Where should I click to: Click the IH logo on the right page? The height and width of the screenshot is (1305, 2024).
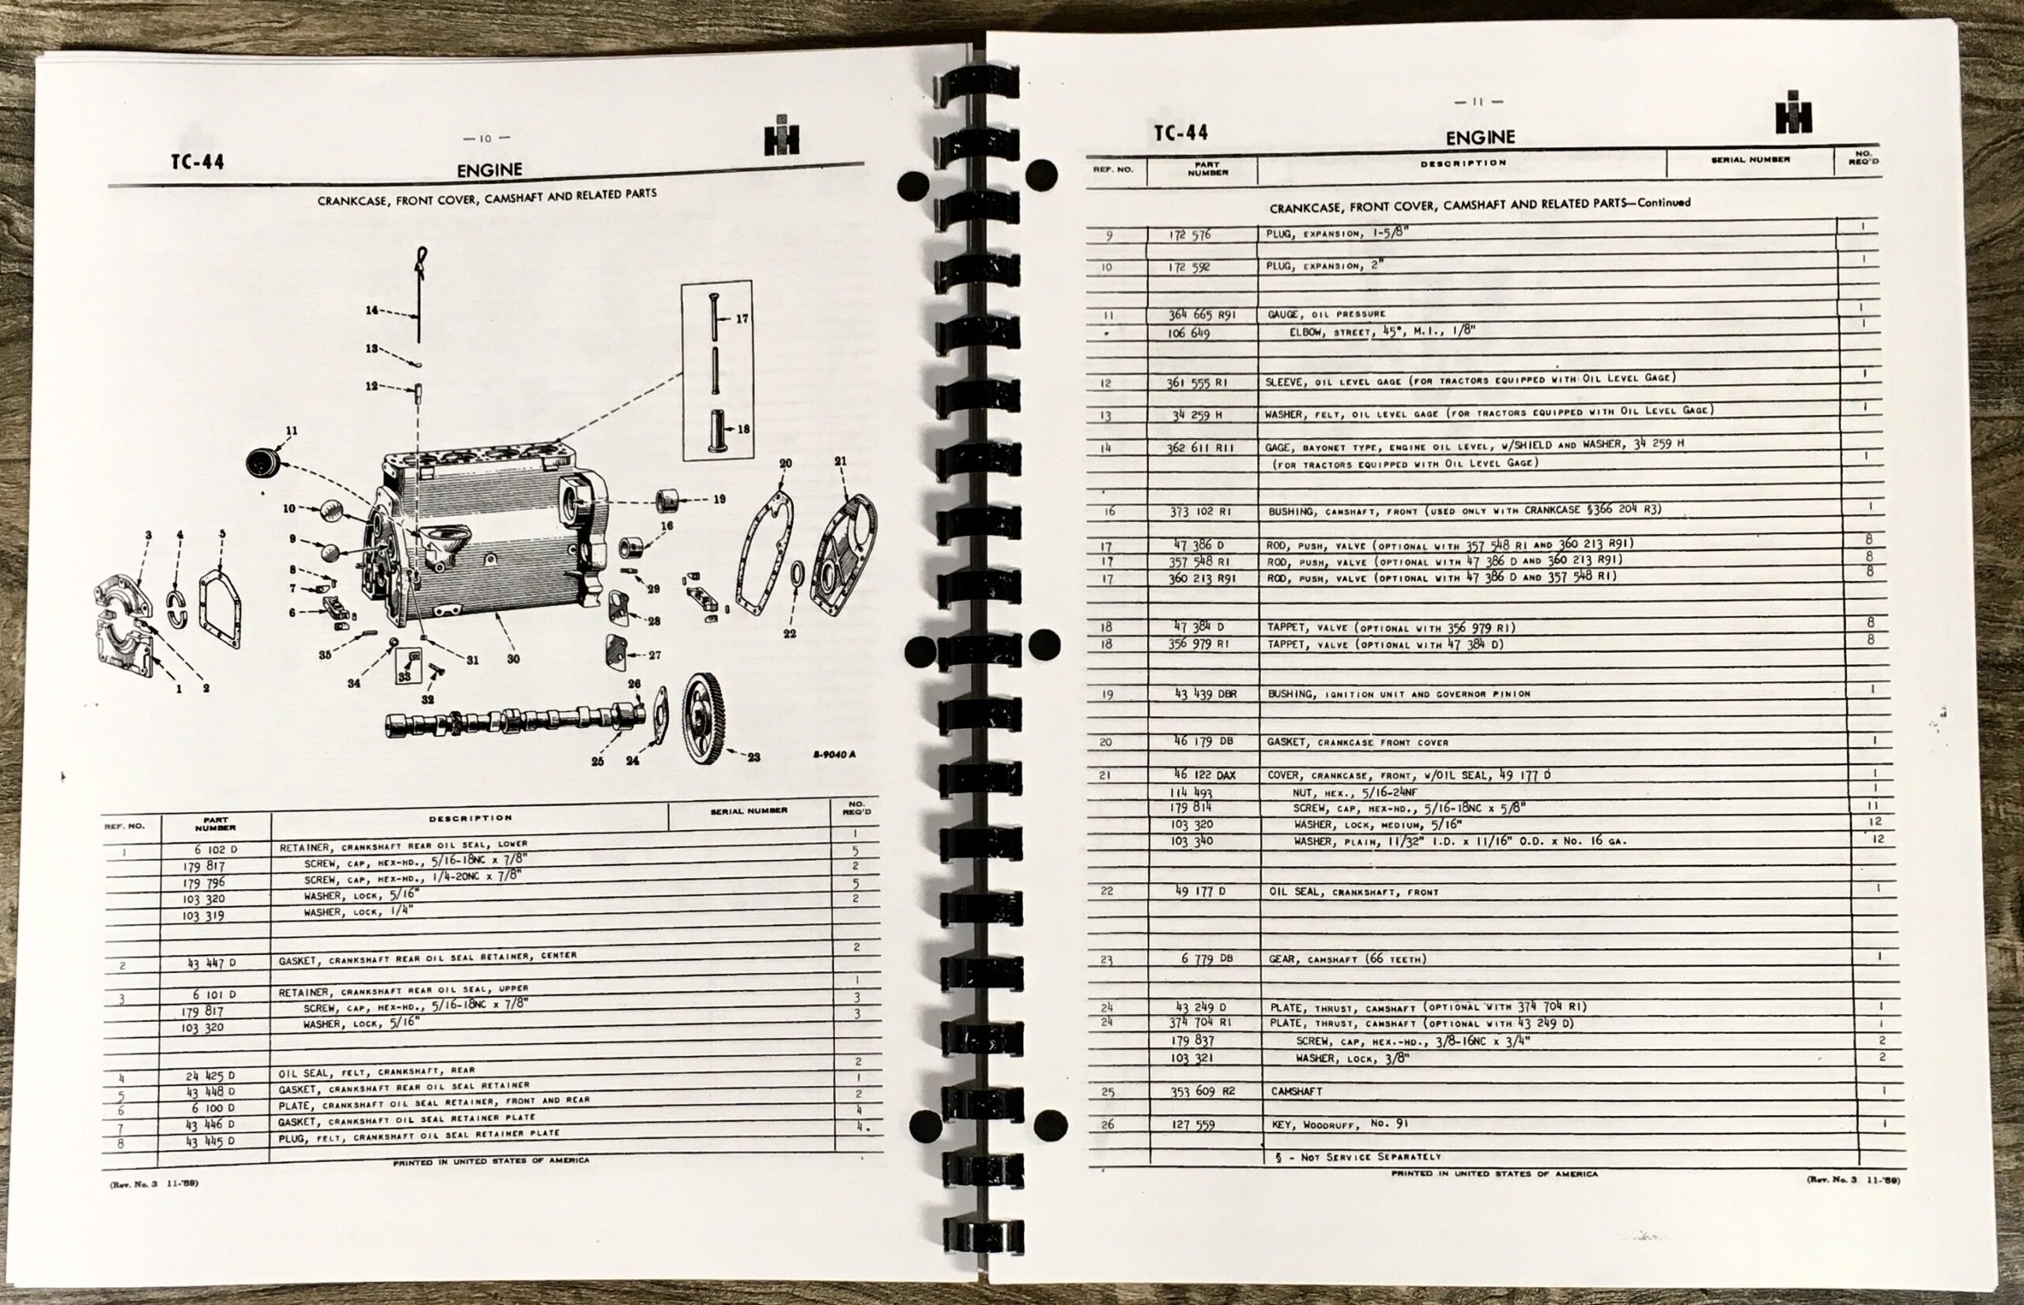(1793, 113)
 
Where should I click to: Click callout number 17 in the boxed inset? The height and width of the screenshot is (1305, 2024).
(742, 319)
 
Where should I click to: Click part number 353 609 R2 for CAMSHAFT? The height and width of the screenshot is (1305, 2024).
(1203, 1092)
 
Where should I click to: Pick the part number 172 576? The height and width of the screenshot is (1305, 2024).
(1190, 235)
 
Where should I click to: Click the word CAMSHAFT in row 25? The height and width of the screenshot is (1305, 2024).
(1296, 1092)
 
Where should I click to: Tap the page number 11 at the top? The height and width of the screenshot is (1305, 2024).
(1478, 102)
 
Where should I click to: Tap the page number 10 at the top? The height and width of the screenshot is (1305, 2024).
(485, 138)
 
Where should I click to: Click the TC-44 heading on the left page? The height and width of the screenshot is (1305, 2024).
(198, 162)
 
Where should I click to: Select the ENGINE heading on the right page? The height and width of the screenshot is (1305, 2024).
(1480, 138)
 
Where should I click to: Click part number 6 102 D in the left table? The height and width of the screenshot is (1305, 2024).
(214, 849)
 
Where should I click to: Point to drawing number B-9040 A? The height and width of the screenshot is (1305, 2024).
(834, 754)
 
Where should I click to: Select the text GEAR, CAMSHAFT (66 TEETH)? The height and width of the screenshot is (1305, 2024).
(1346, 959)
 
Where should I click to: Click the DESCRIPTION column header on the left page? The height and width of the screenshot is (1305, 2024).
(470, 818)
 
